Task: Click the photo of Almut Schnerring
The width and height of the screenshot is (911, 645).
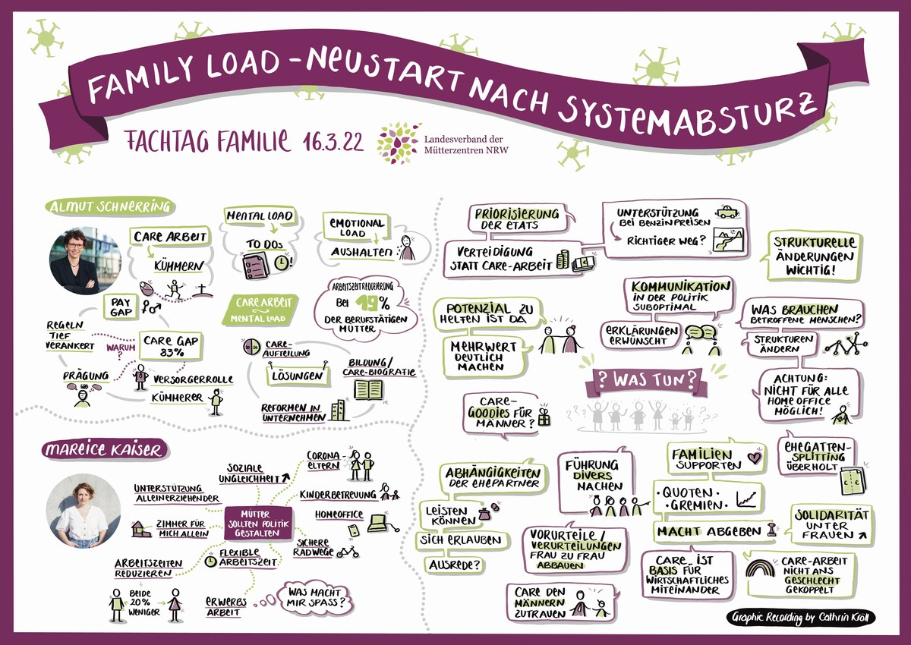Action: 85,260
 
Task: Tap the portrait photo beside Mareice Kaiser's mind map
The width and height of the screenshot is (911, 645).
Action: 84,511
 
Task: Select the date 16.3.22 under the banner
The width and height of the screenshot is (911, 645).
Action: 333,142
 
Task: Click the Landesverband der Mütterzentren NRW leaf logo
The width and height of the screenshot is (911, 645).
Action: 398,143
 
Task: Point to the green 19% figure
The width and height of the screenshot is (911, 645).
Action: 373,303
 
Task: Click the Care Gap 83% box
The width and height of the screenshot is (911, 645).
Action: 172,346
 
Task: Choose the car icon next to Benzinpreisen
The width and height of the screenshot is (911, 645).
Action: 727,212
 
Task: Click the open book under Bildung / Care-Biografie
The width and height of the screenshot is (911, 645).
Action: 368,389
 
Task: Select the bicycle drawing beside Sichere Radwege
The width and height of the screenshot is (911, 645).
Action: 348,552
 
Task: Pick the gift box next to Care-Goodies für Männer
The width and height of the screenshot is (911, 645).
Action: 544,417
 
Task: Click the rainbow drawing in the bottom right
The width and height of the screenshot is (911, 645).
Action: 760,568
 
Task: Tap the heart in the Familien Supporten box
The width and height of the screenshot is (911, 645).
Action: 755,458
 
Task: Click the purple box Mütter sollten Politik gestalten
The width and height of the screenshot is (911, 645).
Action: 258,524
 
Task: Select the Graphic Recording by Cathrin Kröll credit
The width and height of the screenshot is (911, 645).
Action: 800,618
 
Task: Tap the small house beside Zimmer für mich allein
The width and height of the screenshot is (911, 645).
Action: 140,529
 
